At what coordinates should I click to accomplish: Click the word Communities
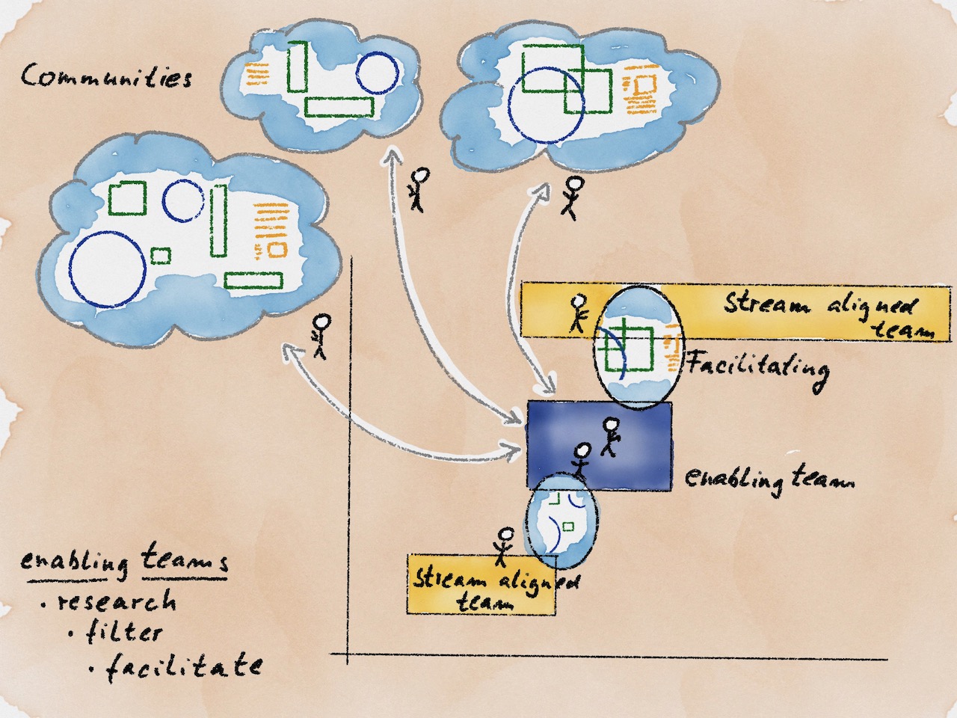point(105,76)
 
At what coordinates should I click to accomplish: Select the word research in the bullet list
point(118,601)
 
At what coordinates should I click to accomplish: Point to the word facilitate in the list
point(184,665)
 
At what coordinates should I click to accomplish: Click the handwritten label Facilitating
point(757,366)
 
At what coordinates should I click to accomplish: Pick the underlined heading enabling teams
point(124,560)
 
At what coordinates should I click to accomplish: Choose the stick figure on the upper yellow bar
point(578,313)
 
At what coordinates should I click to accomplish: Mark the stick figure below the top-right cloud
point(573,197)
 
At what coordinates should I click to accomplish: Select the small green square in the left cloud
point(161,256)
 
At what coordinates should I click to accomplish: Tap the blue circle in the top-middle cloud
point(378,73)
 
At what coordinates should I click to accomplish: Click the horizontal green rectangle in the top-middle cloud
point(339,107)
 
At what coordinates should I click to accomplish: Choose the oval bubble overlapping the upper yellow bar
point(638,347)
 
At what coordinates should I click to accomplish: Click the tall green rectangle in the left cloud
point(218,220)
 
